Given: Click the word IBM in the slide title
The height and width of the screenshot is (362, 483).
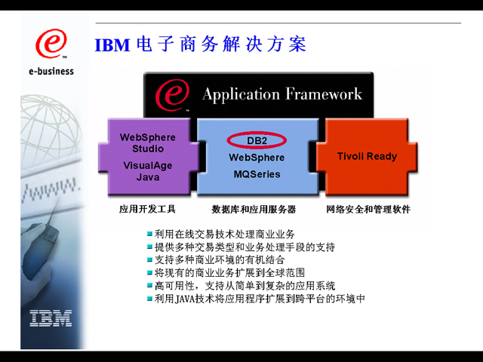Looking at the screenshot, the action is [x=112, y=44].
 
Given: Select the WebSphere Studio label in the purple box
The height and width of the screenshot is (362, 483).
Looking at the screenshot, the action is [x=148, y=143].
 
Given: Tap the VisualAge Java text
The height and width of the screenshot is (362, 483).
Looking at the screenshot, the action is [x=148, y=172].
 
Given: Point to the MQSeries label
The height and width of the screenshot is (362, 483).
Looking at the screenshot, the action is [x=257, y=174].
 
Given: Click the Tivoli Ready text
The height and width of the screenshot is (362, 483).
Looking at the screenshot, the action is [x=367, y=156].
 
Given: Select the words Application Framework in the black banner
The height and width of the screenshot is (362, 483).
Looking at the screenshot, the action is [x=282, y=94].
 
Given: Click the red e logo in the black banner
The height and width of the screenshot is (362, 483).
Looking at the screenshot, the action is [x=171, y=94].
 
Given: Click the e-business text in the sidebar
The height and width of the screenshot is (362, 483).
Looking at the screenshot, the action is [x=51, y=72].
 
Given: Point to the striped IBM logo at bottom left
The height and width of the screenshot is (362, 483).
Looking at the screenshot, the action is [x=51, y=318].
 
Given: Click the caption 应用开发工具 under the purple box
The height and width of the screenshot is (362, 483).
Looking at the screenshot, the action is [x=147, y=209].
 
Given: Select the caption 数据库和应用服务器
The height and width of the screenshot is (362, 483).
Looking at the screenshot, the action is [x=254, y=209].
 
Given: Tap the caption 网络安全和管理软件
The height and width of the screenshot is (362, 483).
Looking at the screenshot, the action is [x=368, y=209].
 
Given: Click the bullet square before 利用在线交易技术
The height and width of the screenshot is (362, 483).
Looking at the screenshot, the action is [x=149, y=234].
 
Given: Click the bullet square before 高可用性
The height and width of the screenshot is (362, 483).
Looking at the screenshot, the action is [x=149, y=286].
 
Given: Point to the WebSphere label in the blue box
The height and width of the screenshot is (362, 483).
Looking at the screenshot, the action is [x=257, y=158].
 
